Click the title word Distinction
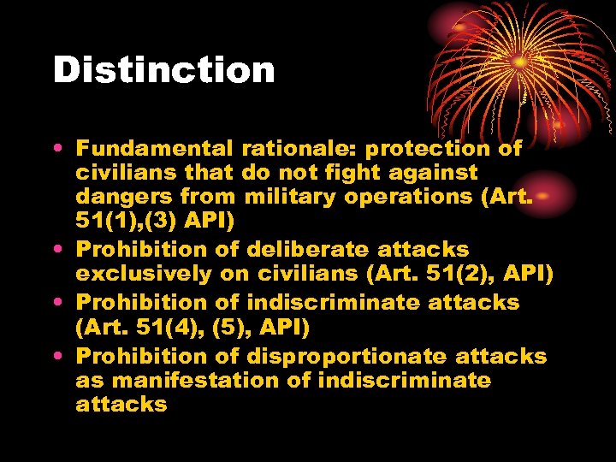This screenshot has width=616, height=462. pyautogui.click(x=163, y=69)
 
